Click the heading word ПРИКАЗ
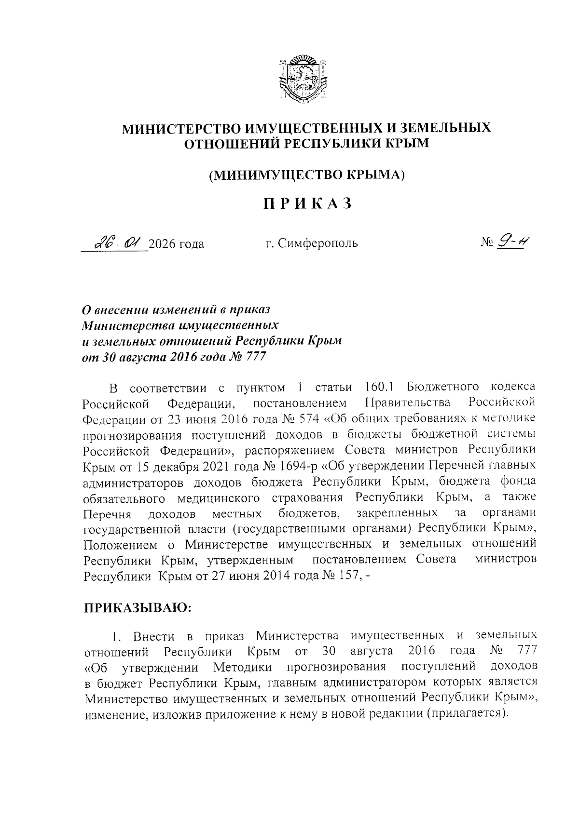[x=306, y=204]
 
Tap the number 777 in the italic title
[x=255, y=357]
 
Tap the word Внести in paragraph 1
[x=152, y=636]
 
